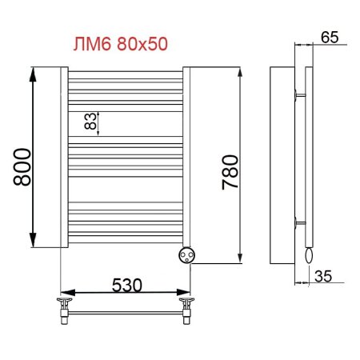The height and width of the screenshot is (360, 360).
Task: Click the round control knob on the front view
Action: click(190, 254)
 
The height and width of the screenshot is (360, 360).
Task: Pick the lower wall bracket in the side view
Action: click(298, 221)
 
